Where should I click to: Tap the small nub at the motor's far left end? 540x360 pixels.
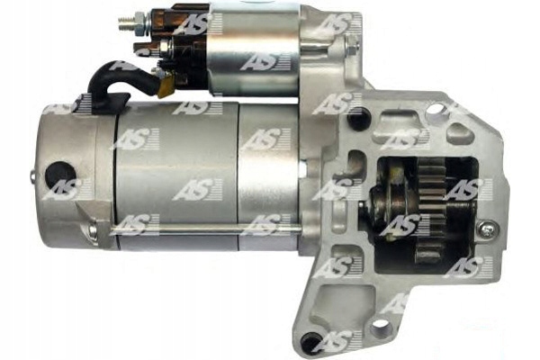coord(32,175)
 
